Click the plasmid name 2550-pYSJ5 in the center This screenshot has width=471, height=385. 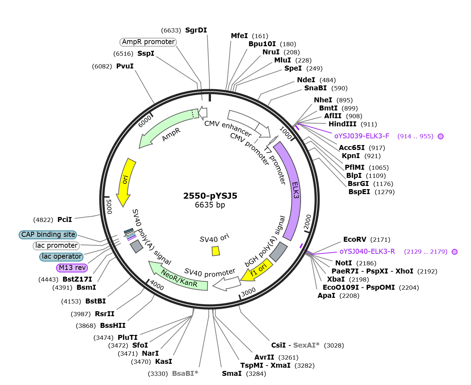tap(210, 196)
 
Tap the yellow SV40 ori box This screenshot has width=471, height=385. tap(216, 251)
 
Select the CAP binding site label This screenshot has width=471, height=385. tap(48, 235)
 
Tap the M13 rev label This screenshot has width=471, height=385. tap(72, 267)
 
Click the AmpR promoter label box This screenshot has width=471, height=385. tap(148, 42)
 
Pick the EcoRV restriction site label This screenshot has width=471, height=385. tap(355, 239)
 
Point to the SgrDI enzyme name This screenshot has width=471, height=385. tap(196, 30)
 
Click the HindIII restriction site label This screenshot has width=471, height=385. tap(342, 124)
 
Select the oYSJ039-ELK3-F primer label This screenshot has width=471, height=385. tap(362, 136)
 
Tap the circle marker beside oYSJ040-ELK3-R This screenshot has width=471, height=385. tap(454, 252)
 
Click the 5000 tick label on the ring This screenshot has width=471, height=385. tap(109, 206)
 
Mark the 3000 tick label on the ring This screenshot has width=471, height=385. tap(248, 291)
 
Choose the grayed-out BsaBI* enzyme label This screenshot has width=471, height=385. tap(185, 373)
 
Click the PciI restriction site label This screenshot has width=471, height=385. tap(65, 219)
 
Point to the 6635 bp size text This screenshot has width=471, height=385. tap(210, 205)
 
